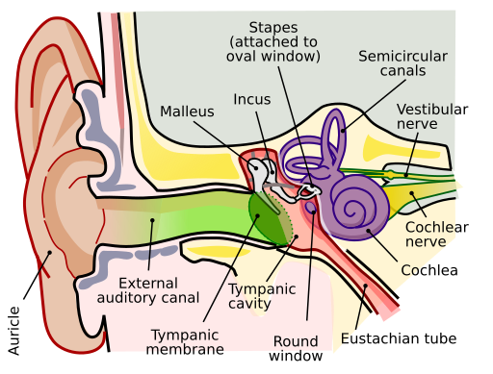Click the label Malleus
187,112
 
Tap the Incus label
251,99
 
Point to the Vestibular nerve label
425,116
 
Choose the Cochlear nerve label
429,234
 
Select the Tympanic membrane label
185,341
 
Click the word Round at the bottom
295,341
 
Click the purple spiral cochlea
357,203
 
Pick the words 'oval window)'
273,56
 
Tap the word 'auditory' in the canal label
131,298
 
